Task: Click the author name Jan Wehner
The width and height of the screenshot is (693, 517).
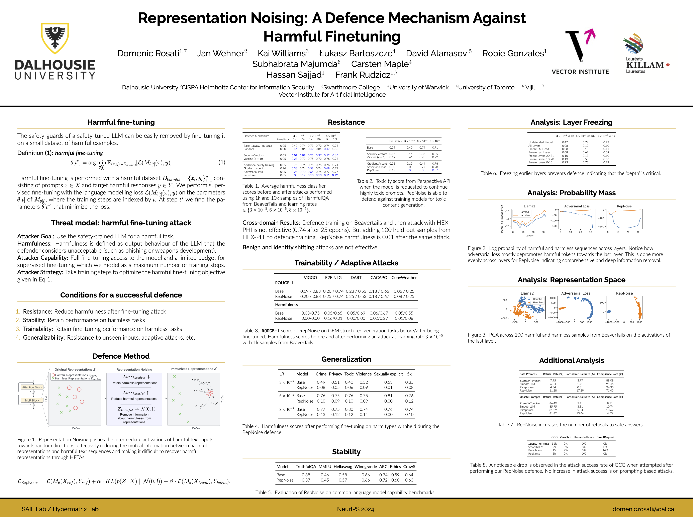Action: pos(222,54)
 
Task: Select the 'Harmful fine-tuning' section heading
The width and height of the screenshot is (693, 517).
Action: pos(121,122)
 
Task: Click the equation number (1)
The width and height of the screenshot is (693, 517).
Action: pos(221,162)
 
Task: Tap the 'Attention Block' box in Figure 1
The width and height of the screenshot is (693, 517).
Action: pos(32,387)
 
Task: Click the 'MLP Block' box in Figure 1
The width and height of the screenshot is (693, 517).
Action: pos(32,400)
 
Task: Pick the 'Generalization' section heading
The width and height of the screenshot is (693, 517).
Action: pos(346,359)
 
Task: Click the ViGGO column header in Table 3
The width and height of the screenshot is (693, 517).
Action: pos(310,278)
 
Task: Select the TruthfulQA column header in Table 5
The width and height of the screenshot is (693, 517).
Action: pos(306,467)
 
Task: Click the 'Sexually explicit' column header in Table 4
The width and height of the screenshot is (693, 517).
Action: pos(388,374)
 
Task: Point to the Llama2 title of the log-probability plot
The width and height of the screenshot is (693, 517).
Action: pos(529,206)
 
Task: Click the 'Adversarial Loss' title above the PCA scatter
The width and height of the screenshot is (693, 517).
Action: pos(576,293)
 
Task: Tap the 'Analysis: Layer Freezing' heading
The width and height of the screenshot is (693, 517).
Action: pos(571,122)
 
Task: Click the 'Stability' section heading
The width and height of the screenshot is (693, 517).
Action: pos(346,452)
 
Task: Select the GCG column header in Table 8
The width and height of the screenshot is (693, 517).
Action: pos(554,437)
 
